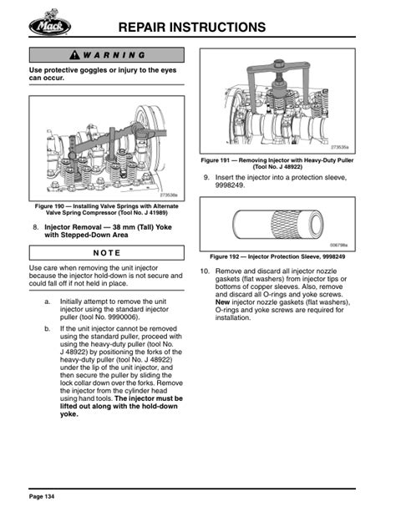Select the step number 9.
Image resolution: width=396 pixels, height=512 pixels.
pos(206,177)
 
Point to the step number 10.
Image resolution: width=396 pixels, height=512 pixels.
pos(206,272)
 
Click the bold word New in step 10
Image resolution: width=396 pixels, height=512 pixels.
pos(224,302)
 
